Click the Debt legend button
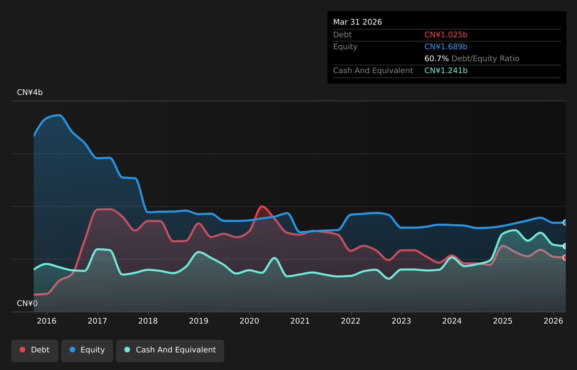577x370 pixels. click(34, 351)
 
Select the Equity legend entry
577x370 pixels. click(87, 351)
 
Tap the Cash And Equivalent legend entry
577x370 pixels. click(170, 351)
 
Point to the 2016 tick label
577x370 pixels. click(47, 321)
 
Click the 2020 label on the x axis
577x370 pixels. click(249, 321)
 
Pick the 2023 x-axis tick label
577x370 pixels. click(401, 321)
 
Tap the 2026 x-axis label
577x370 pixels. click(553, 321)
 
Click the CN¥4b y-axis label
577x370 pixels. click(30, 92)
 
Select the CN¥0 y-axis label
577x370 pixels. click(27, 304)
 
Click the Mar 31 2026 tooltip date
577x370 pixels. click(357, 22)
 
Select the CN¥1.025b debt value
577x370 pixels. click(446, 35)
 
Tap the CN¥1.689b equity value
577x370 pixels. click(446, 47)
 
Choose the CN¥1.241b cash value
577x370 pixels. click(446, 71)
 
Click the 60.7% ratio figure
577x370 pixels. click(436, 59)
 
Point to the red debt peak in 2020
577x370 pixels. click(262, 206)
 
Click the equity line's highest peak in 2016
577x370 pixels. click(59, 115)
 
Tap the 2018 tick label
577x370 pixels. click(148, 321)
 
